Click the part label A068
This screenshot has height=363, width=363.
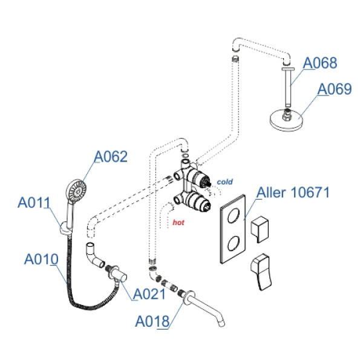(319, 62)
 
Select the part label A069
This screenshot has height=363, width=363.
(335, 90)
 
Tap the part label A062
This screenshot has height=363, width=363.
(111, 157)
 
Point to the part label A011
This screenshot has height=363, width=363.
(34, 203)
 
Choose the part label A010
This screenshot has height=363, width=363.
(41, 259)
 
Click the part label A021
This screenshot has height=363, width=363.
(149, 295)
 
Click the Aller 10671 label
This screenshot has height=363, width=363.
(293, 193)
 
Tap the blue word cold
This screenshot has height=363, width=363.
(225, 181)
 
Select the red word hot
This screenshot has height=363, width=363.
(178, 223)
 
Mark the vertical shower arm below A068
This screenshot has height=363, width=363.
(290, 87)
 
